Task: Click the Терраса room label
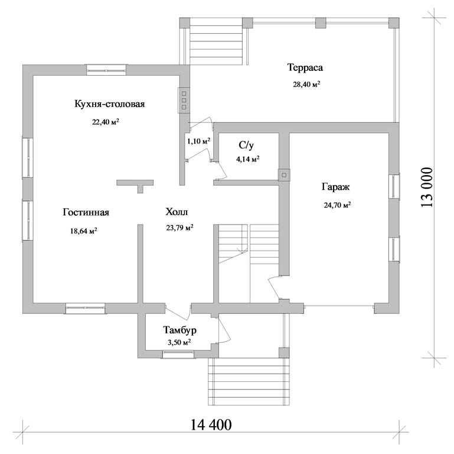coord(305,67)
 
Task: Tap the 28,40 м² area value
coord(306,85)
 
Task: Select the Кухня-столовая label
coord(110,104)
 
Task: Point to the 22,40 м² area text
coord(106,122)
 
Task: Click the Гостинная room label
coord(86,212)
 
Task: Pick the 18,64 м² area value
coord(83,231)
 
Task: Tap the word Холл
coord(177,212)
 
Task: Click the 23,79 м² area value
coord(180,228)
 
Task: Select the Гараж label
coord(335,187)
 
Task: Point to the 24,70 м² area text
coord(337,205)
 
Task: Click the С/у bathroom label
coord(246,145)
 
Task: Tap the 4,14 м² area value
coord(247,159)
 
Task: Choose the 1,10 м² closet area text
coord(198,141)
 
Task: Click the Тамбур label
coord(180,330)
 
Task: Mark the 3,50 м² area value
coord(179,342)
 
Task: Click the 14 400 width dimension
coord(211,425)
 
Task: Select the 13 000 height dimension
coord(427,187)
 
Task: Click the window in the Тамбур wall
coord(178,354)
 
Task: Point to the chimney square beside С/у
coord(284,175)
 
